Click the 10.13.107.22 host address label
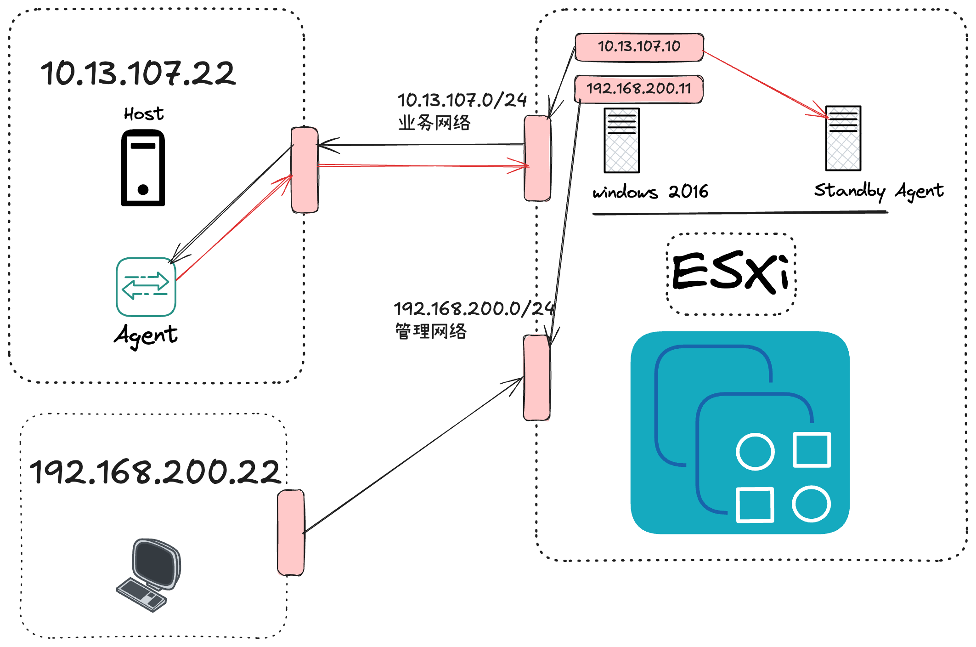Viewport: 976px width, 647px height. pyautogui.click(x=138, y=74)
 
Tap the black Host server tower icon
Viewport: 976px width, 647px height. pyautogui.click(x=143, y=168)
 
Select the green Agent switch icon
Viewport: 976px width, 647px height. pyautogui.click(x=146, y=287)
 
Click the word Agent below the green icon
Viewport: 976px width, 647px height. pyautogui.click(x=146, y=335)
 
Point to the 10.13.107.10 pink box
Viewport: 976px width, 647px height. pyautogui.click(x=639, y=46)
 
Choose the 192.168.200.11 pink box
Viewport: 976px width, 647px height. pyautogui.click(x=638, y=88)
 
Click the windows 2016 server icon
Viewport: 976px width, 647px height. pyautogui.click(x=621, y=141)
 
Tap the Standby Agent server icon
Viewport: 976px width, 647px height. pyautogui.click(x=843, y=138)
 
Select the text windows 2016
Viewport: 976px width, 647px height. pyautogui.click(x=650, y=191)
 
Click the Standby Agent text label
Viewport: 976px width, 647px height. pyautogui.click(x=879, y=190)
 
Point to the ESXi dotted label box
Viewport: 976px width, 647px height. pyautogui.click(x=731, y=274)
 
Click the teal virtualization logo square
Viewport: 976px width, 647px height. pyautogui.click(x=740, y=432)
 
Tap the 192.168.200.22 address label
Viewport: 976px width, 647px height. pyautogui.click(x=155, y=472)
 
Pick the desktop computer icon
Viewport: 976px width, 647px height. pyautogui.click(x=149, y=575)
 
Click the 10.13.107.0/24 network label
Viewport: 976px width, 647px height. pyautogui.click(x=462, y=100)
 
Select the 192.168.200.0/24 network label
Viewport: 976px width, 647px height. pyautogui.click(x=474, y=308)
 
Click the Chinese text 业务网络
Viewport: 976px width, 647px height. pyautogui.click(x=434, y=123)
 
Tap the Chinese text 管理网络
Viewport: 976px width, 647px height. pyautogui.click(x=431, y=331)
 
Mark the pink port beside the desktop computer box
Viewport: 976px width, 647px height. pyautogui.click(x=291, y=533)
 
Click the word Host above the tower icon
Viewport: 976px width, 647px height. pyautogui.click(x=144, y=114)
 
